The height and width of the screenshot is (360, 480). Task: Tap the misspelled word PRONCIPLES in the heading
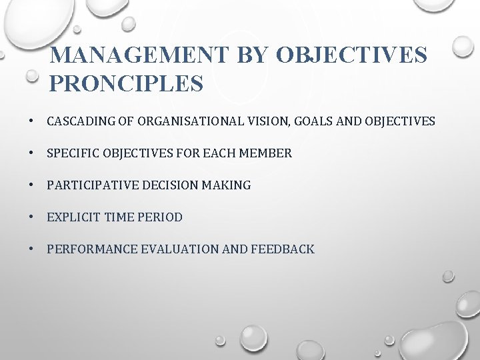pyautogui.click(x=126, y=83)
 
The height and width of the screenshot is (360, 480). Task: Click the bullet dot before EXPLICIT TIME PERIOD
pyautogui.click(x=31, y=217)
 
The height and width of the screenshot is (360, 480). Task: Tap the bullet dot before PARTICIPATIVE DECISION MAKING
pyautogui.click(x=31, y=185)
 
